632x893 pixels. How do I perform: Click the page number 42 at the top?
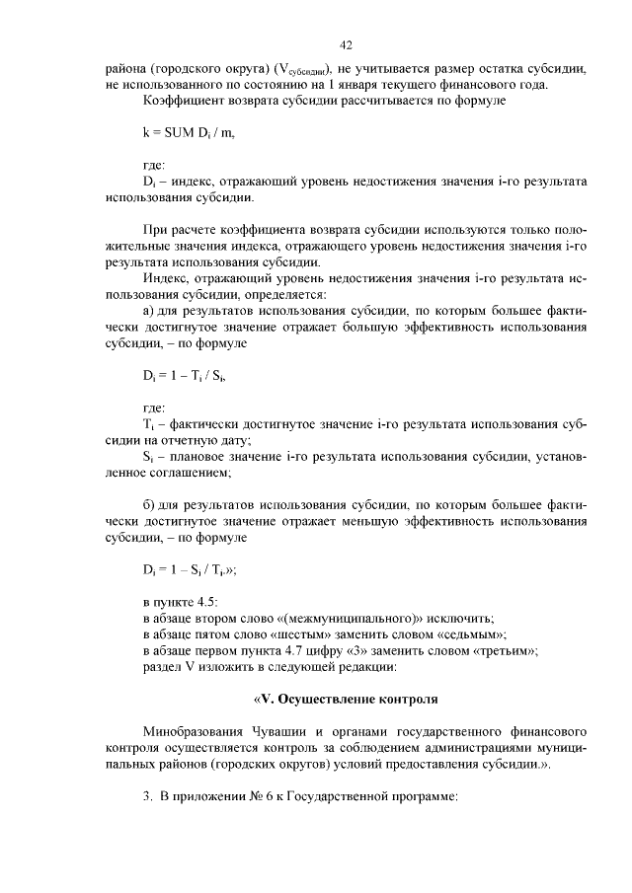click(x=346, y=44)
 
